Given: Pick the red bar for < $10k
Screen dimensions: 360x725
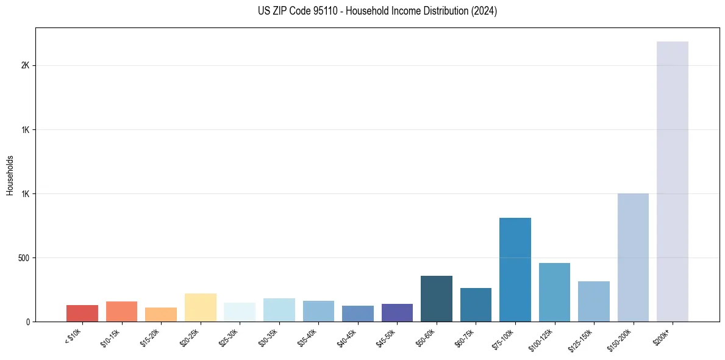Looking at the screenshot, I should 82,313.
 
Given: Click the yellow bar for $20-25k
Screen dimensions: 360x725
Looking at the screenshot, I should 201,308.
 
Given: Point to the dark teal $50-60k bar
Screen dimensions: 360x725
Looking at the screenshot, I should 437,298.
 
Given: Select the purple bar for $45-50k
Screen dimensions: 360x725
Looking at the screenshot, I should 397,312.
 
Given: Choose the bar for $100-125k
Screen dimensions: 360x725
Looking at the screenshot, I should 554,292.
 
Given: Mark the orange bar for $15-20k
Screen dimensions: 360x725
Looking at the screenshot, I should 161,314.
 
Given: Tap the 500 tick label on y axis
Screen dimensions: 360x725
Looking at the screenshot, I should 24,258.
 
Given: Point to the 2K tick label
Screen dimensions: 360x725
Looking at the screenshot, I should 26,66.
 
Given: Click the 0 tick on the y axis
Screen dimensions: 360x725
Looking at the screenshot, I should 28,322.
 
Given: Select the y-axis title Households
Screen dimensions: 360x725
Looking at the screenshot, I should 10,175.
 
